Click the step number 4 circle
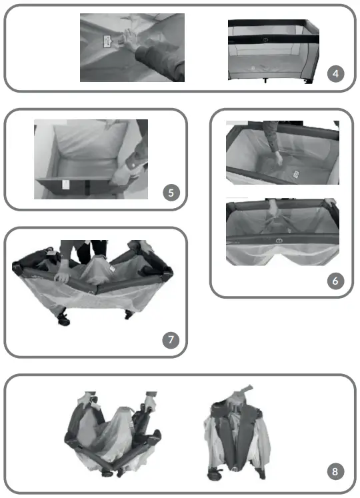pyautogui.click(x=338, y=73)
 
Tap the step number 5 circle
pyautogui.click(x=171, y=193)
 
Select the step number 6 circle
pyautogui.click(x=337, y=281)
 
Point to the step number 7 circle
pyautogui.click(x=171, y=339)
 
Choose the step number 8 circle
pyautogui.click(x=337, y=472)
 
